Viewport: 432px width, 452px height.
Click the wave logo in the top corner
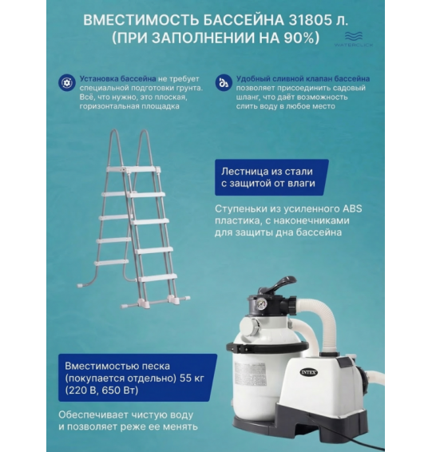tap(354, 36)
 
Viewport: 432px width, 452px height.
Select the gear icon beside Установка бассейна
tap(66, 81)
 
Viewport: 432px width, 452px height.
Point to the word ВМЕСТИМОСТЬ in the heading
tap(137, 18)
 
